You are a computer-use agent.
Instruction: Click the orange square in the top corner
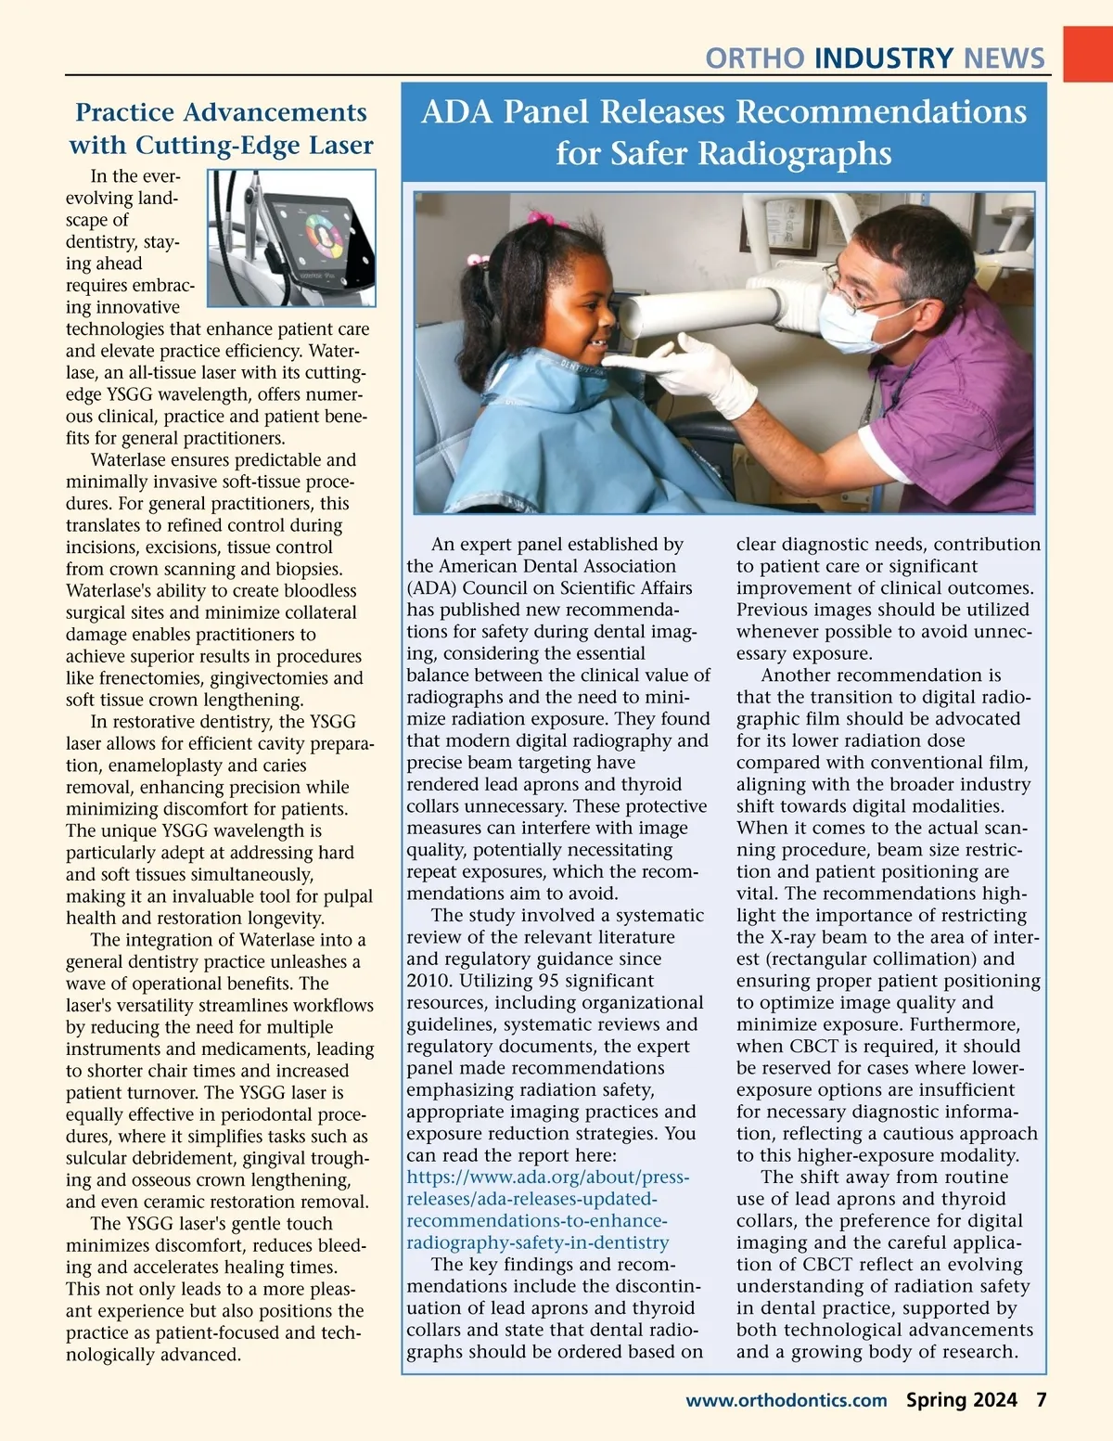point(1086,53)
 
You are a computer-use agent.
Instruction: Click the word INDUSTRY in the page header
point(883,58)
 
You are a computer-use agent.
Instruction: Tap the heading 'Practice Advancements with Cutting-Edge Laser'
point(221,128)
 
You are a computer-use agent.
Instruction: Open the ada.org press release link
point(547,1210)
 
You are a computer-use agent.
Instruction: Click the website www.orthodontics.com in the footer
point(786,1400)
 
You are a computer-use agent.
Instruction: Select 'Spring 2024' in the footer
point(961,1400)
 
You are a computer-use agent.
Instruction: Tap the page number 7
point(1041,1400)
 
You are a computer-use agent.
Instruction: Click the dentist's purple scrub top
point(955,408)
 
